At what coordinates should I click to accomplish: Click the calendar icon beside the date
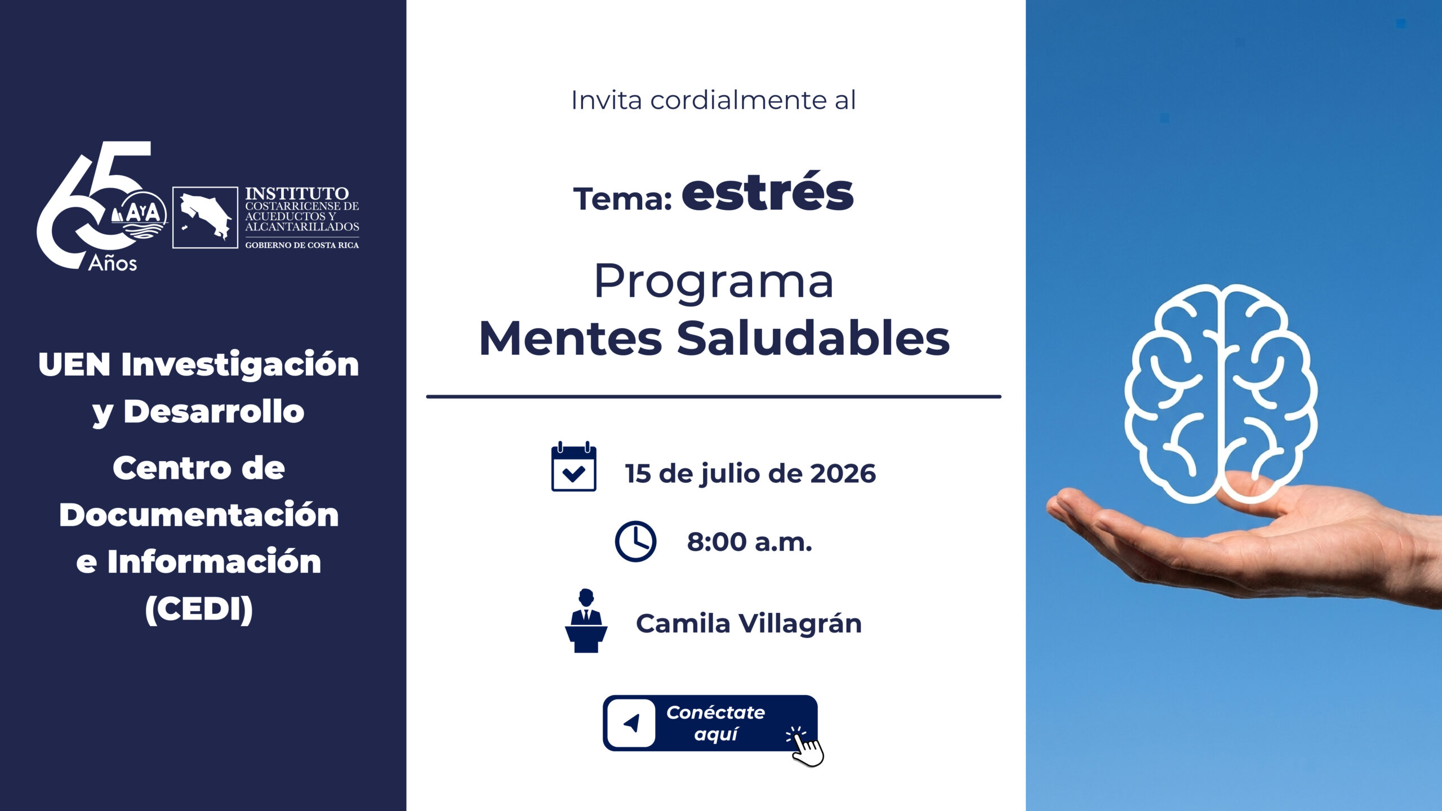tap(573, 466)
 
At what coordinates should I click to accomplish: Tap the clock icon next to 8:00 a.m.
tap(635, 541)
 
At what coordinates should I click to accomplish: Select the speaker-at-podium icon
tap(586, 621)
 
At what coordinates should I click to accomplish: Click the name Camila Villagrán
tap(749, 623)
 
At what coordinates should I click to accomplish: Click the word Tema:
tap(622, 199)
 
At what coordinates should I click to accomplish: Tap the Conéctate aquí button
tap(710, 723)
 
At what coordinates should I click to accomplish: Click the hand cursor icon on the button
tap(805, 747)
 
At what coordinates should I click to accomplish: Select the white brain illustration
tap(1220, 393)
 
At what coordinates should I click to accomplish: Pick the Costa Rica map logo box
tap(205, 217)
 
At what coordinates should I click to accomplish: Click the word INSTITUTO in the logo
tap(297, 193)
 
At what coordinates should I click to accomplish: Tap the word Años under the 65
tap(113, 263)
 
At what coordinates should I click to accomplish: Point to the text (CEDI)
tap(199, 609)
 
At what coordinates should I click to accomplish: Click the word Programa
tap(714, 281)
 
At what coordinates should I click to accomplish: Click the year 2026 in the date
tap(843, 474)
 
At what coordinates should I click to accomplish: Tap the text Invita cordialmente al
tap(714, 100)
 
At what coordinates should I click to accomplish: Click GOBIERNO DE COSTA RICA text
tap(302, 245)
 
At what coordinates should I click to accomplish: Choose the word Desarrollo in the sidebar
tap(214, 411)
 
